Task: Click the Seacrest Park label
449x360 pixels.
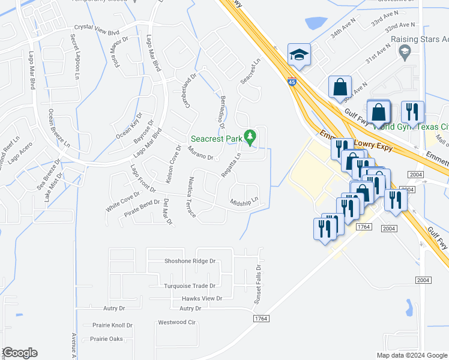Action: (217, 139)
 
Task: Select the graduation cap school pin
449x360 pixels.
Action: (299, 55)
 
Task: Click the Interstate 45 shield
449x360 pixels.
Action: (292, 82)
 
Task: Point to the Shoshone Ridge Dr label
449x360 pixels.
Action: (190, 262)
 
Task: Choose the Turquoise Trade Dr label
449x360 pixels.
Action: (190, 286)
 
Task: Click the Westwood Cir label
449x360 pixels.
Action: (177, 322)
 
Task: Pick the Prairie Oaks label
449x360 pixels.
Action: (106, 339)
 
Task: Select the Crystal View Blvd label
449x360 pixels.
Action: (97, 28)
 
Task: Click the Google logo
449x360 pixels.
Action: (20, 353)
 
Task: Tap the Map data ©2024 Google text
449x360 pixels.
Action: (411, 355)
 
